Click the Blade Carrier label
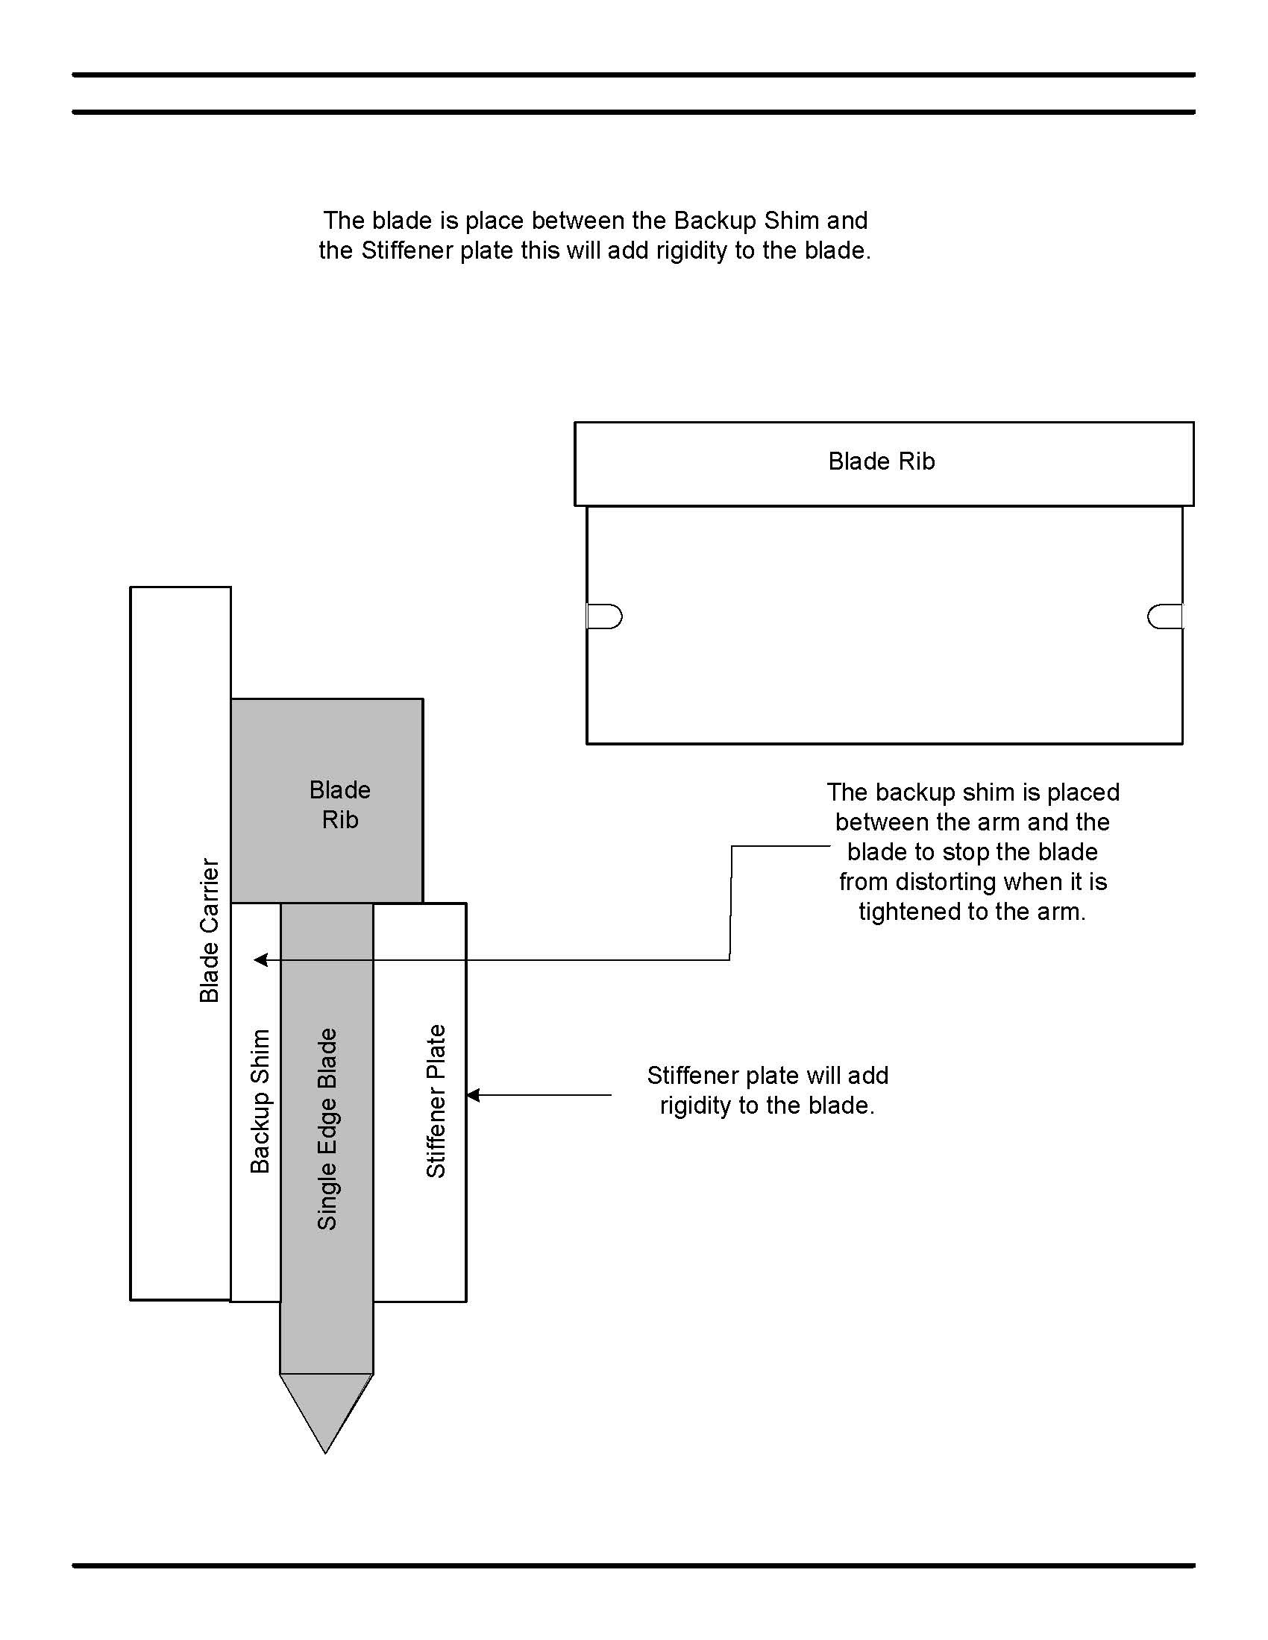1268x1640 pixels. (210, 930)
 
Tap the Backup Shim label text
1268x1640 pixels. (260, 1101)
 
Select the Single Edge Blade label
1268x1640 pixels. (327, 1129)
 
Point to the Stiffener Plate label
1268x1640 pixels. (436, 1101)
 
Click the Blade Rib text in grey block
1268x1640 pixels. (339, 804)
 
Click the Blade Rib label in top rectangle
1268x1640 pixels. (881, 461)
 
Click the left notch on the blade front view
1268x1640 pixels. (605, 616)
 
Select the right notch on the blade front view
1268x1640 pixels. (1164, 616)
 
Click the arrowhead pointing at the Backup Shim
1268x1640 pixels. (260, 959)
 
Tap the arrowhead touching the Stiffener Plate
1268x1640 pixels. (473, 1096)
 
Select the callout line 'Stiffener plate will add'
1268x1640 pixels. (768, 1075)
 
